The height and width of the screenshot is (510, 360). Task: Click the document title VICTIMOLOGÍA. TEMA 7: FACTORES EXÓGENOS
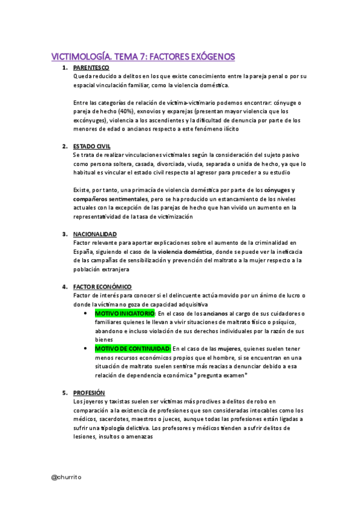143,57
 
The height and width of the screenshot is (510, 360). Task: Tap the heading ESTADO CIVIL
91,146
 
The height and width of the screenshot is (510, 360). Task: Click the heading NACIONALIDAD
95,233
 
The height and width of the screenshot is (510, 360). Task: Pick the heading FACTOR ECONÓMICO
102,286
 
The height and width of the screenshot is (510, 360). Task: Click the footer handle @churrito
66,477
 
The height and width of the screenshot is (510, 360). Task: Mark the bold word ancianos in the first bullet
216,313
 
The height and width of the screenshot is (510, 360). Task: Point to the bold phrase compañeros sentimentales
110,198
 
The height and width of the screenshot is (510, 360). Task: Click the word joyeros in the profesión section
93,401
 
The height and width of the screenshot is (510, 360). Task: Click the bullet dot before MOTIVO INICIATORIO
88,313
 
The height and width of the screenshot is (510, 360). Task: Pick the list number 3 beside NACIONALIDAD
65,233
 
